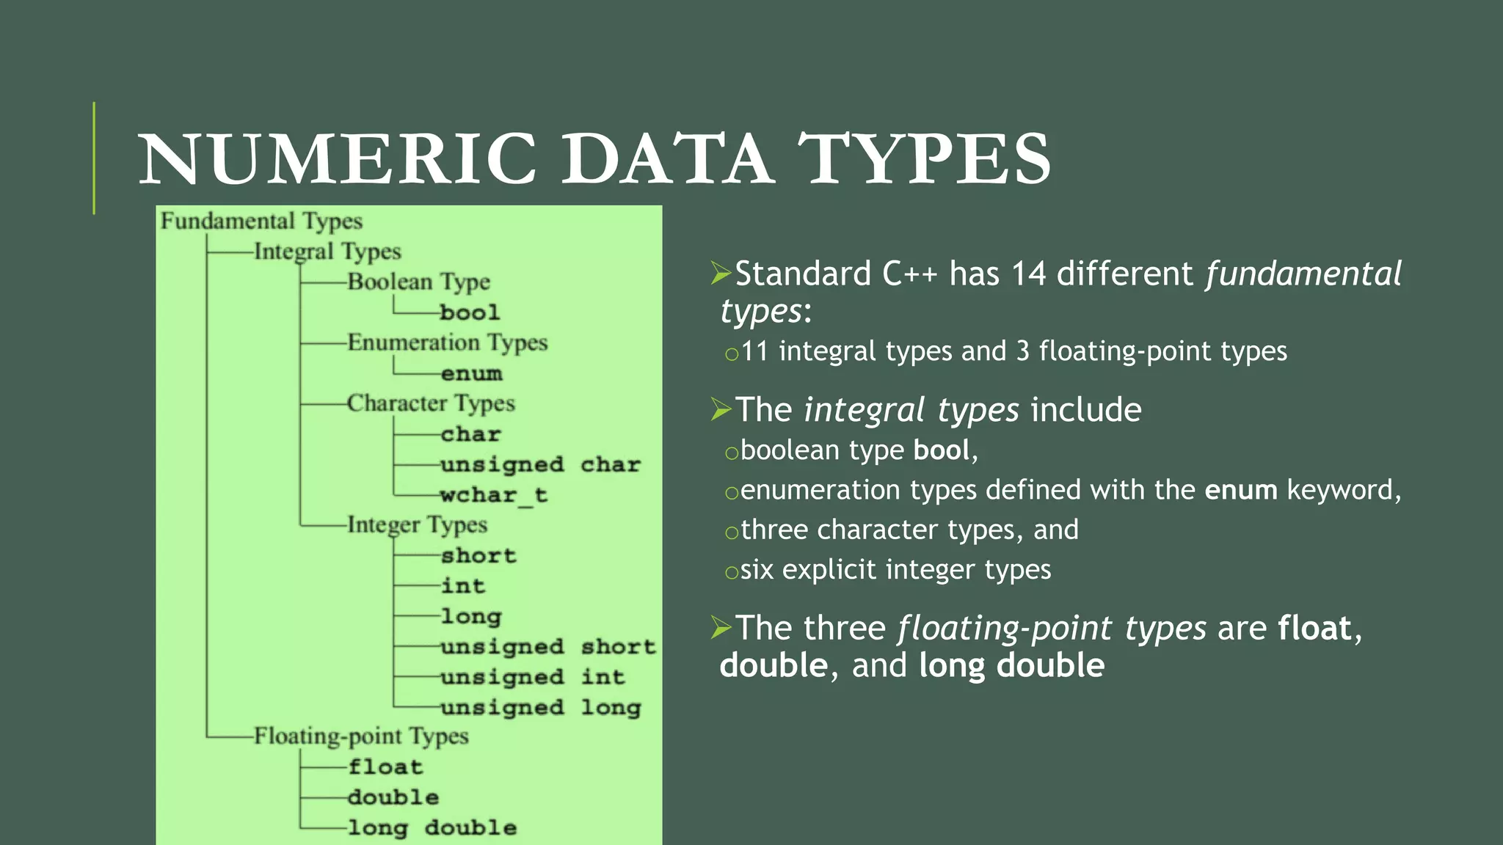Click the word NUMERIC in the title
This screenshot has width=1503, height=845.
338,159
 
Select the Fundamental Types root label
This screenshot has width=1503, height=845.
261,221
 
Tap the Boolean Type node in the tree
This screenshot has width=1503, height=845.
418,282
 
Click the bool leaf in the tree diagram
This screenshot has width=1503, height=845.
470,312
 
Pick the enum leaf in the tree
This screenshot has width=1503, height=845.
471,373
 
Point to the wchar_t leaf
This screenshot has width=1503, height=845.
493,495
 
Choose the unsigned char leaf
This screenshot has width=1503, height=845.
540,464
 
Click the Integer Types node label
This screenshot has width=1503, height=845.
417,525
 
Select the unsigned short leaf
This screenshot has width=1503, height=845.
547,647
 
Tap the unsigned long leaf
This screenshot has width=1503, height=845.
540,708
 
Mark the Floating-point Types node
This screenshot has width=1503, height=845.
361,736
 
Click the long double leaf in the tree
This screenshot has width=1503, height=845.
432,828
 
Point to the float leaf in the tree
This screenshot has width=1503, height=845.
385,767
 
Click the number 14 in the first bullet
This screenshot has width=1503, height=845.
1028,274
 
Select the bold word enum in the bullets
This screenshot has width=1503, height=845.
1241,490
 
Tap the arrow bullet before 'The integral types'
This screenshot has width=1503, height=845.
721,409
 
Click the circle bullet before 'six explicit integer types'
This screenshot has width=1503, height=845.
731,572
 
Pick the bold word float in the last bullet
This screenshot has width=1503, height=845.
1314,629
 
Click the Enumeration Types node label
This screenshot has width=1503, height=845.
447,343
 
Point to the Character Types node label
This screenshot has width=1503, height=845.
431,403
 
